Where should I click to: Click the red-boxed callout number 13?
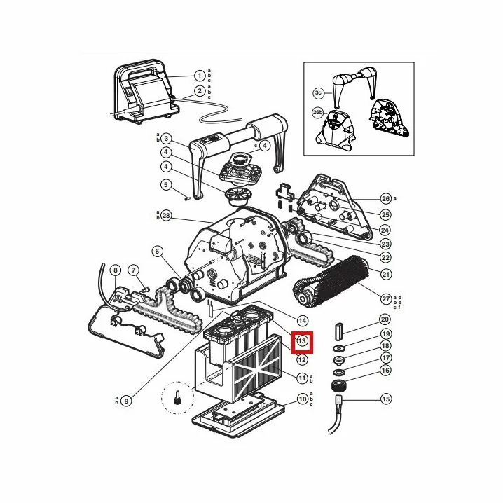[302, 341]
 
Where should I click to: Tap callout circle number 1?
[200, 76]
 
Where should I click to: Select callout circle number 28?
[166, 216]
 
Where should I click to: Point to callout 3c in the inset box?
[318, 93]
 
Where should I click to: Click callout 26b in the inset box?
[318, 113]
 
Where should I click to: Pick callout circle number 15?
[385, 399]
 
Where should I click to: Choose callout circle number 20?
[385, 319]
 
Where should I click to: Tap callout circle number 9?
[126, 401]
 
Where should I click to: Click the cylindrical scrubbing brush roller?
[331, 280]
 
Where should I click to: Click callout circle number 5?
[166, 185]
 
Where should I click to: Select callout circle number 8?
[116, 270]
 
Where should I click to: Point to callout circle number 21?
[385, 275]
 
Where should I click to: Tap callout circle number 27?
[386, 299]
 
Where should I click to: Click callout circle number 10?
[302, 399]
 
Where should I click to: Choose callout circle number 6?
[157, 251]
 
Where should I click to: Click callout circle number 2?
[200, 91]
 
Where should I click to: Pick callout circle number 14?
[302, 321]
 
